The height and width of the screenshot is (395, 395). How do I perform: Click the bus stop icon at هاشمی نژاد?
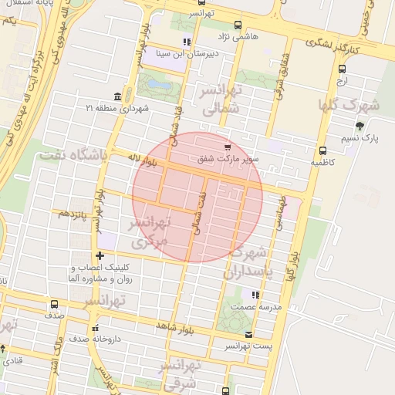237,25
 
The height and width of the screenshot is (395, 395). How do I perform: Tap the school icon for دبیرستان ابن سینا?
186,42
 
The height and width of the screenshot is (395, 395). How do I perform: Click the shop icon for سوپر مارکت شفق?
226,147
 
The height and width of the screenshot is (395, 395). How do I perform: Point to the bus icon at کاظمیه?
322,150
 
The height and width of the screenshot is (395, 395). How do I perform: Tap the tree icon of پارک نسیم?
359,126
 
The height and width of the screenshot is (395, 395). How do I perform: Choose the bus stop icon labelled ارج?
342,68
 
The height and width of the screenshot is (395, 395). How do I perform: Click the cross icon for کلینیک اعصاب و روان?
99,255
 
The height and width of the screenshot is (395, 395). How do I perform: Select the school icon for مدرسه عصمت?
255,294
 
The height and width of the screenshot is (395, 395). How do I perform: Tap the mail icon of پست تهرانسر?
248,334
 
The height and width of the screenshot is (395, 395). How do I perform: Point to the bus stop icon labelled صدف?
54,304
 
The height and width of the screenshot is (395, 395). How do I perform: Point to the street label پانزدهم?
67,214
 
